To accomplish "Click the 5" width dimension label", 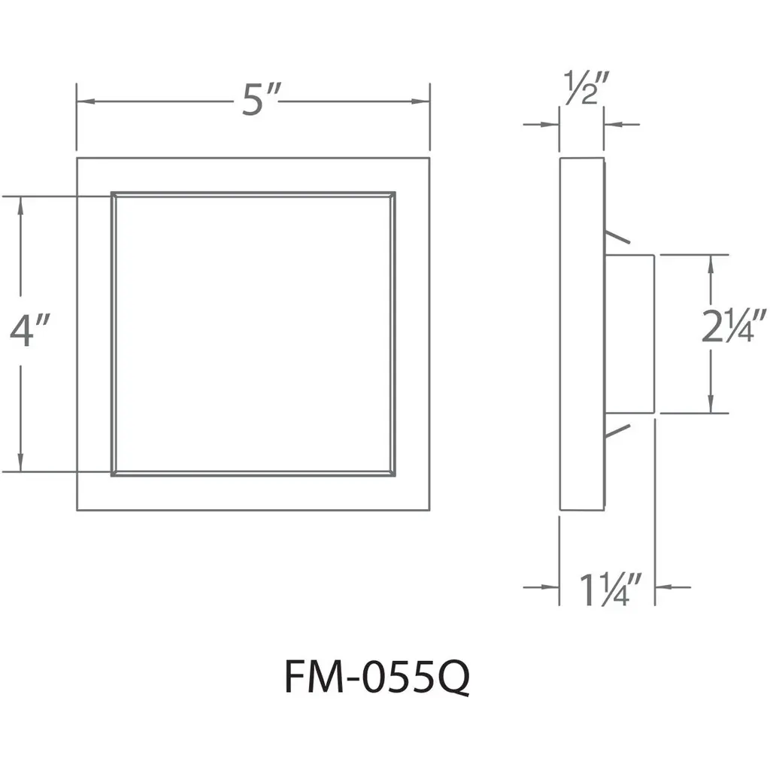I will (x=261, y=99).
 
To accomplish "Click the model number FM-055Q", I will (x=377, y=679).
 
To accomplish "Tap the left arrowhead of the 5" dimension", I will (x=83, y=101).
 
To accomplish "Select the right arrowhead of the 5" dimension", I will (x=423, y=101).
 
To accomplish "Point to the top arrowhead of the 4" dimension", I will (x=21, y=204).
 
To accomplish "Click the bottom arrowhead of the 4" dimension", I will (x=21, y=465).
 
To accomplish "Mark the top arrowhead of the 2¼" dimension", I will (x=709, y=262).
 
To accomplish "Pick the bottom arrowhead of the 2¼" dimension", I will (x=709, y=406).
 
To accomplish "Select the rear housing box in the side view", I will (x=630, y=334).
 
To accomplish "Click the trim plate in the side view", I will (x=581, y=334).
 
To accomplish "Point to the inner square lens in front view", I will (x=253, y=334).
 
